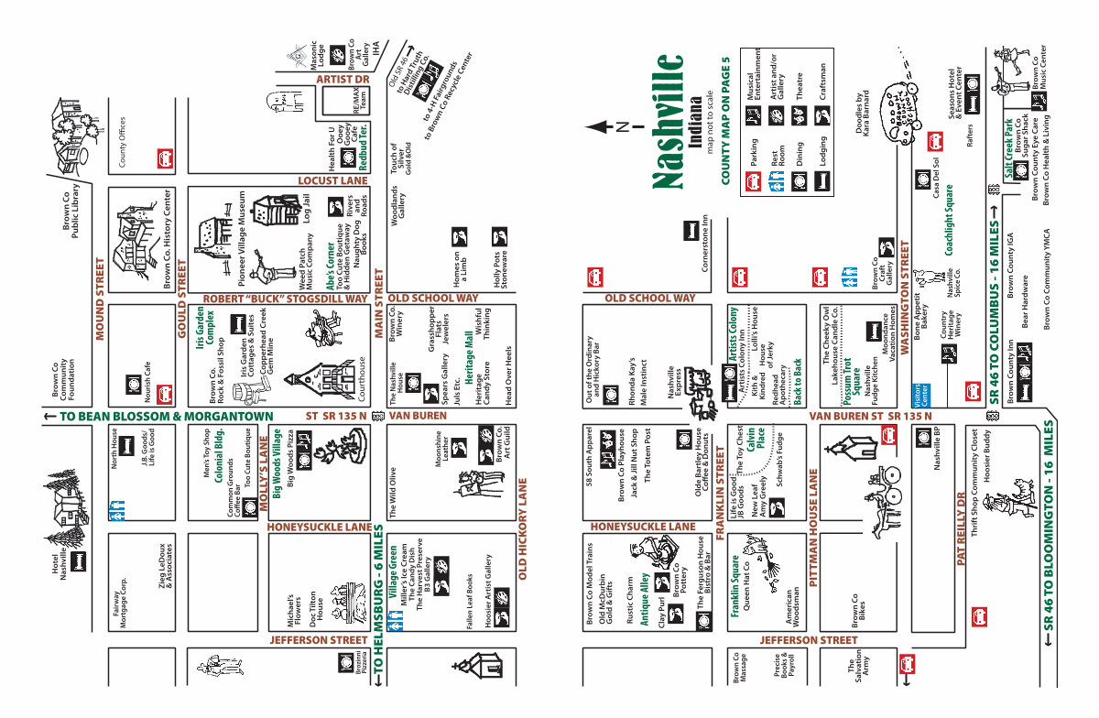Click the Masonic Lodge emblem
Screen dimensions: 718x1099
pos(297,57)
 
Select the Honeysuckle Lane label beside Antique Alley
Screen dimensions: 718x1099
pos(643,527)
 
